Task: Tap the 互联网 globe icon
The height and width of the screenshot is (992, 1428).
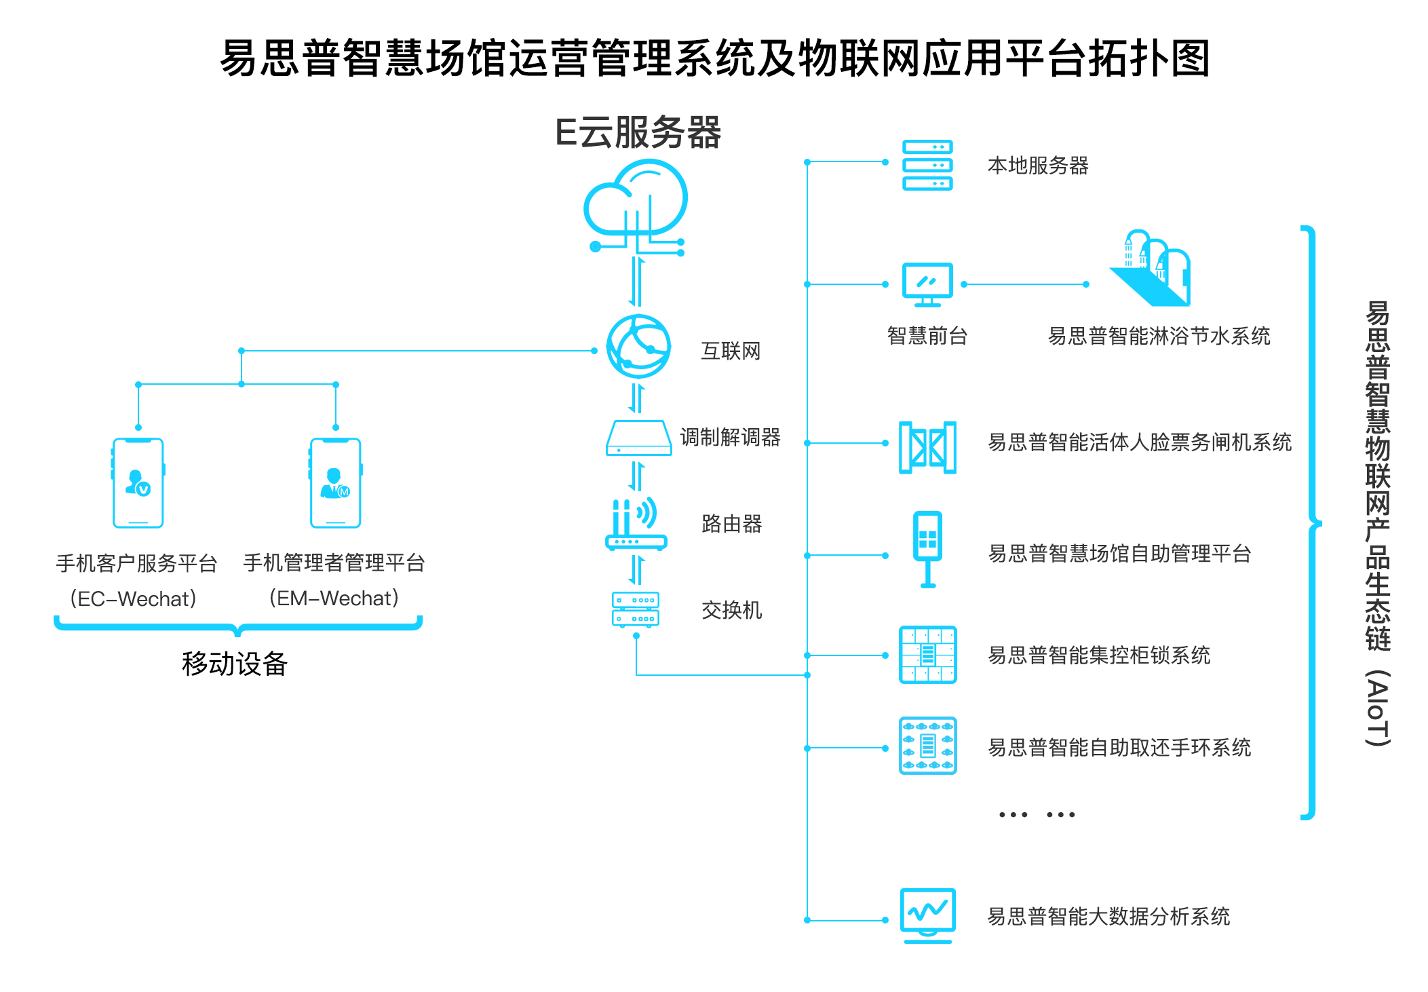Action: pyautogui.click(x=638, y=347)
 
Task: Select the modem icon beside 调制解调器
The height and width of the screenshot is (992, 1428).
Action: pyautogui.click(x=638, y=438)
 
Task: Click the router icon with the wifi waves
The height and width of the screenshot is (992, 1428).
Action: pyautogui.click(x=636, y=524)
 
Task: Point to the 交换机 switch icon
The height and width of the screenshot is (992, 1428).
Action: pyautogui.click(x=636, y=609)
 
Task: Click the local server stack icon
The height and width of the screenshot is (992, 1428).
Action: pyautogui.click(x=927, y=165)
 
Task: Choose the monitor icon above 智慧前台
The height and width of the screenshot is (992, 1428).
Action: pyautogui.click(x=927, y=284)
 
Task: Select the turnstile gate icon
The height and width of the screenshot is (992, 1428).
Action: pyautogui.click(x=927, y=447)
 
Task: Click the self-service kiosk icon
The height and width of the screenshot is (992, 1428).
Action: pyautogui.click(x=927, y=548)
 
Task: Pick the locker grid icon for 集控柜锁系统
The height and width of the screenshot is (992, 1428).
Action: pyautogui.click(x=927, y=654)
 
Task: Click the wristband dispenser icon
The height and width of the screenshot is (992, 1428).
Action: pyautogui.click(x=927, y=745)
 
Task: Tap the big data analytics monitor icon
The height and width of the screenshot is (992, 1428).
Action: pyautogui.click(x=927, y=915)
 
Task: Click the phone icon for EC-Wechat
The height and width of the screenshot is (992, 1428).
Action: pyautogui.click(x=138, y=482)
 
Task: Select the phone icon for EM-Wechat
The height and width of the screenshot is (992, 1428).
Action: pyautogui.click(x=336, y=482)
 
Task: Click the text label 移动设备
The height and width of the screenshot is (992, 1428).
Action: pyautogui.click(x=235, y=664)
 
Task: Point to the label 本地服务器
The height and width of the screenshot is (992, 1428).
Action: pyautogui.click(x=1038, y=165)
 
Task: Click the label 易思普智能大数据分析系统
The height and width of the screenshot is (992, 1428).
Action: pyautogui.click(x=1108, y=916)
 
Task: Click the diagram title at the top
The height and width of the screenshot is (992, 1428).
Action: pyautogui.click(x=714, y=58)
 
